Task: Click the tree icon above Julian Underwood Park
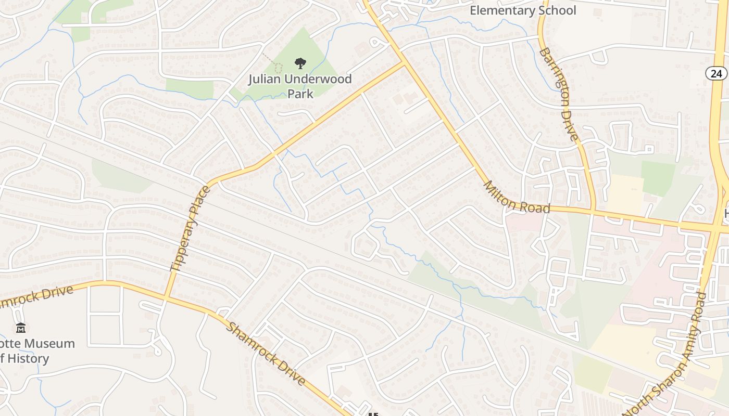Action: [300, 64]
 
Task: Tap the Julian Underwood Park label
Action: [300, 86]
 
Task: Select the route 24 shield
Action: [717, 73]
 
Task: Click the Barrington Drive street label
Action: [559, 94]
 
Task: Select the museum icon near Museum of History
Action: [21, 328]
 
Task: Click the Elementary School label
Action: [523, 10]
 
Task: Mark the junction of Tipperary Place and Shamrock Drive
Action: [167, 297]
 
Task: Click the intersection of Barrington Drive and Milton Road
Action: [594, 211]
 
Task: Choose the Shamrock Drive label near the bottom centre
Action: [266, 354]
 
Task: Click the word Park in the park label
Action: [300, 94]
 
